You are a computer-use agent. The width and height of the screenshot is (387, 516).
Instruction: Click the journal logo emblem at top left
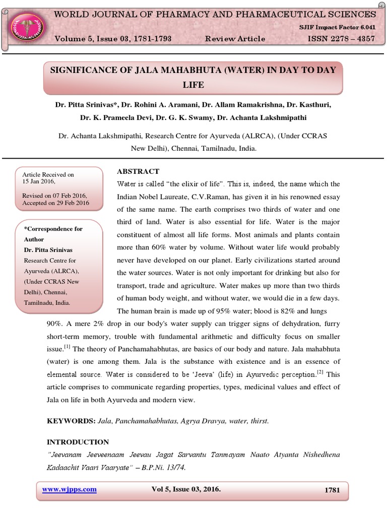click(x=26, y=26)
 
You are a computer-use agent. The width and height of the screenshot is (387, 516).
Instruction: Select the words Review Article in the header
click(x=235, y=39)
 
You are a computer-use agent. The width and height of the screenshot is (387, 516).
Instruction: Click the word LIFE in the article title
click(x=193, y=85)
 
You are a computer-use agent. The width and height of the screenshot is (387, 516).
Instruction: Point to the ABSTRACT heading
click(x=138, y=171)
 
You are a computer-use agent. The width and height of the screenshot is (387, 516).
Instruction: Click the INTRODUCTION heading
click(x=78, y=442)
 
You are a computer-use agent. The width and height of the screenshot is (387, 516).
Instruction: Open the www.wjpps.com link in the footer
click(x=70, y=489)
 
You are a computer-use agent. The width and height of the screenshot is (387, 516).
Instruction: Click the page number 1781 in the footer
click(x=333, y=490)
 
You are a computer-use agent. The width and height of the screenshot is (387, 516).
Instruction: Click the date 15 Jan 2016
click(x=39, y=181)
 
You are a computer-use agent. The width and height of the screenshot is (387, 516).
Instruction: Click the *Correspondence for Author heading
click(x=53, y=234)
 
